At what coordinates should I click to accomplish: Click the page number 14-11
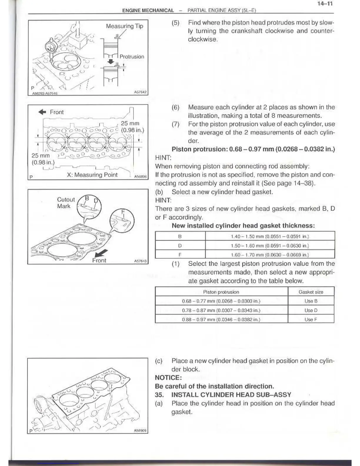325,4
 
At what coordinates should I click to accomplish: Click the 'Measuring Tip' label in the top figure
124,26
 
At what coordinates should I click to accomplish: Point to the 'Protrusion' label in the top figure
132,56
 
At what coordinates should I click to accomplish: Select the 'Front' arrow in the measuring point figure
42,112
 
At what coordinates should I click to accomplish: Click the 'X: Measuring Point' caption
92,175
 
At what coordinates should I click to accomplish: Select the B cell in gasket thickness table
180,236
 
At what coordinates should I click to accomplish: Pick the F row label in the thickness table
180,254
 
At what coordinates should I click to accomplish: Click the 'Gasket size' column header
311,292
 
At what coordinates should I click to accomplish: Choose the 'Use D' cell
311,310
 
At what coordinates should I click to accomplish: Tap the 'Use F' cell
311,319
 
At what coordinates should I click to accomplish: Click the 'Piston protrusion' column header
221,292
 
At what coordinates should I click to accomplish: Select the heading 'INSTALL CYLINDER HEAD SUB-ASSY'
231,395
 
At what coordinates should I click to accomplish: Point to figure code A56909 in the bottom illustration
140,431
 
